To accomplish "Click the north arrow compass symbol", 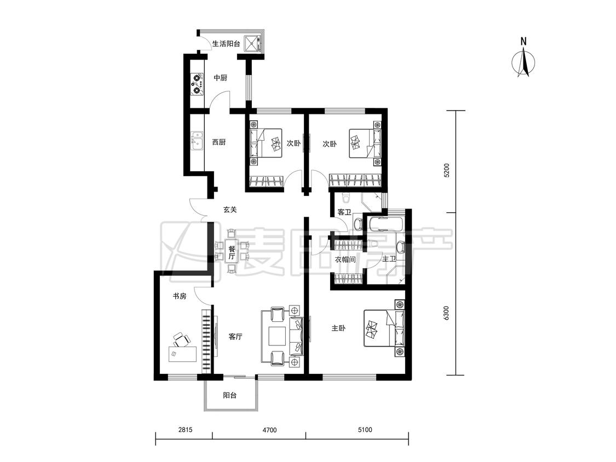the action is pos(523,63).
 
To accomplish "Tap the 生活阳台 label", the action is pos(226,44).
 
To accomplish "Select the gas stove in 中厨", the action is pos(197,84).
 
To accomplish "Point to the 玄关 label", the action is pos(230,210).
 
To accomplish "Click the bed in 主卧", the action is pos(384,328).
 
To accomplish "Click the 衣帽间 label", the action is pos(345,259).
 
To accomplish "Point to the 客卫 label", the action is pos(344,212).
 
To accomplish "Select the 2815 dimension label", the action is pos(185,430).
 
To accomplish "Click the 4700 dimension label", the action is pos(269,430).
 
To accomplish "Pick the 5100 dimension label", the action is pos(365,430).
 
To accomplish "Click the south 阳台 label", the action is pos(230,395).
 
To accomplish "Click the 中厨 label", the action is pos(221,78).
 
